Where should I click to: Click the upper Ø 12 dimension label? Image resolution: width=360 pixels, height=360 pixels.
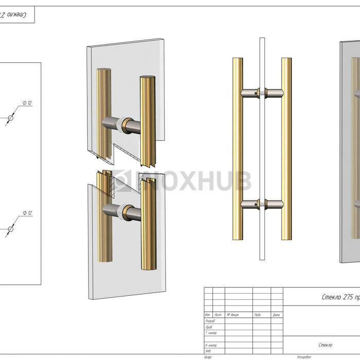27,103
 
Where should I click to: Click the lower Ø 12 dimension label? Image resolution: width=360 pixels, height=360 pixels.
27,213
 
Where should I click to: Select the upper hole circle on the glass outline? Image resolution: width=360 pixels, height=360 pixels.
10,118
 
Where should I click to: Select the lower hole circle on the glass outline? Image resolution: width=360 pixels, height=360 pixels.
10,228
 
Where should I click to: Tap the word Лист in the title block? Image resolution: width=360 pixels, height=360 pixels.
218,315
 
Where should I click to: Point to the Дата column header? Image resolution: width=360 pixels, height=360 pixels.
276,315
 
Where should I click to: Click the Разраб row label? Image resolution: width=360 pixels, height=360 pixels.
210,321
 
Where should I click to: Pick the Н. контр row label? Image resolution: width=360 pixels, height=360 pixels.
211,345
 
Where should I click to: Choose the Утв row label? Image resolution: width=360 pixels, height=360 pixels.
208,351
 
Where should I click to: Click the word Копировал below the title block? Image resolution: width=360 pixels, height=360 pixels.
304,357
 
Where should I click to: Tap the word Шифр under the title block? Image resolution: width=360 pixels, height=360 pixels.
208,357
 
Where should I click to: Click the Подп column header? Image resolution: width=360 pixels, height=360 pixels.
258,315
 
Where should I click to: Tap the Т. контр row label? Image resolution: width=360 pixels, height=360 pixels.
211,333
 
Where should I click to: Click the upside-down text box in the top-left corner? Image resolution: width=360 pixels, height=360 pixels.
15,15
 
